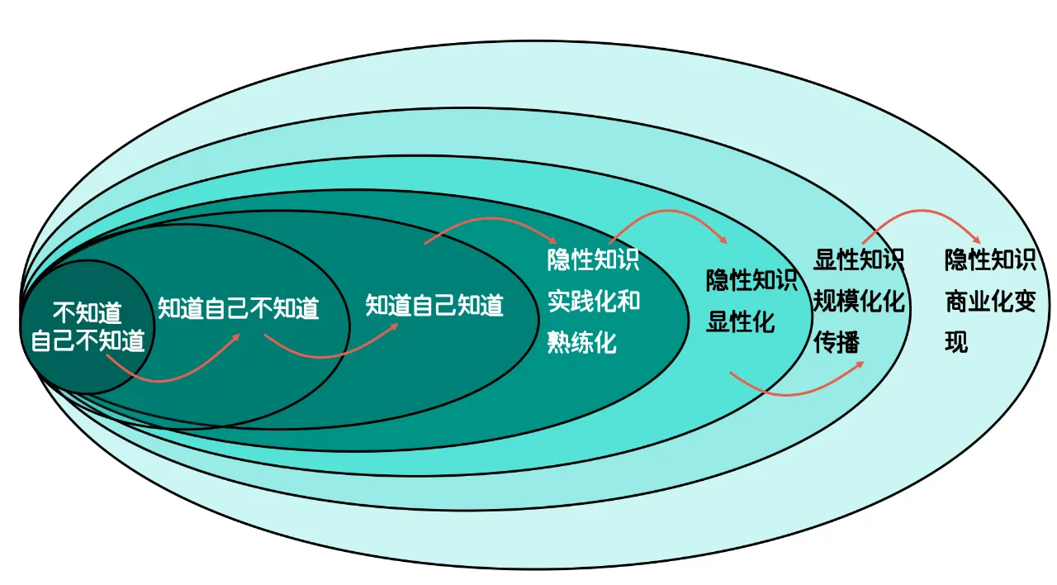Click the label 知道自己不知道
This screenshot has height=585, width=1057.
(239, 308)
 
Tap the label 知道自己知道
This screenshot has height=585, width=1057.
(434, 305)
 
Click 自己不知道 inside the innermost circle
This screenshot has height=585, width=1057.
(88, 340)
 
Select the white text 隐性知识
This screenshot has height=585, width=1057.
(593, 259)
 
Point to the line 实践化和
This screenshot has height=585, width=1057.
(594, 301)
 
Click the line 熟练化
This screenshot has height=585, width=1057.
(582, 342)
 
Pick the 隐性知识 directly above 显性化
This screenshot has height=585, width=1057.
(751, 280)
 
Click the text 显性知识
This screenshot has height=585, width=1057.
(859, 259)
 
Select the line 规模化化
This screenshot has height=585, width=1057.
(859, 301)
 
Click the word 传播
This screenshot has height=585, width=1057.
(837, 342)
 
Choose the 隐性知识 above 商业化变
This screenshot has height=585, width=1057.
(990, 259)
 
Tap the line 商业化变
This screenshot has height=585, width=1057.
(990, 301)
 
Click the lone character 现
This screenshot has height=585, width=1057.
(956, 342)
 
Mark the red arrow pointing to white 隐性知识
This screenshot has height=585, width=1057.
(491, 219)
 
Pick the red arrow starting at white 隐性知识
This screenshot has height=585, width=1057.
(670, 211)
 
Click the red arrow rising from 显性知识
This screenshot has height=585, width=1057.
(922, 211)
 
